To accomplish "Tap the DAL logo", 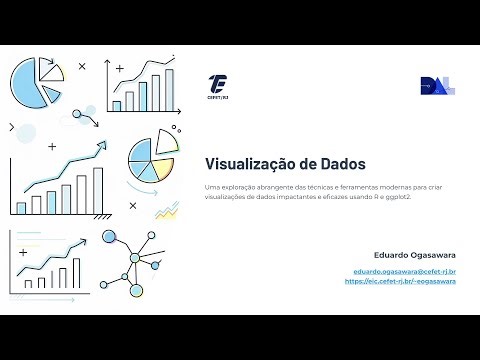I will point(437,86).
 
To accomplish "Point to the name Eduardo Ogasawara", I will point(415,254).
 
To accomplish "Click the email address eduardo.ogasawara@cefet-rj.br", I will point(405,271).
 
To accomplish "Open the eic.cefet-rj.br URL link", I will point(400,281).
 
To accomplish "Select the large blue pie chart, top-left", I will point(32,85).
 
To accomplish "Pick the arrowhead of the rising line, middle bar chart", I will point(102,146).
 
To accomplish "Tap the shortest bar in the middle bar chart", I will point(21,207).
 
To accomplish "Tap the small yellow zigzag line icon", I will point(166,209).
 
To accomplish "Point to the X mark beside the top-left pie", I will point(82,67).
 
